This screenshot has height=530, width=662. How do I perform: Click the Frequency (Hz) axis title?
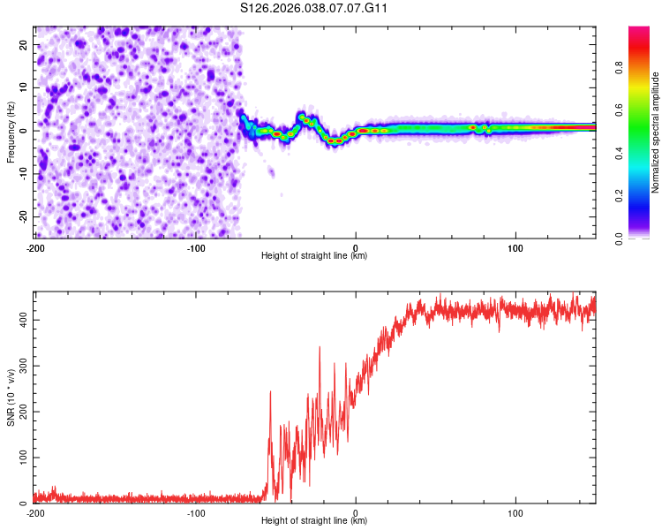(x=11, y=132)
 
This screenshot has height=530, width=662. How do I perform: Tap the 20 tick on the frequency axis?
(x=24, y=44)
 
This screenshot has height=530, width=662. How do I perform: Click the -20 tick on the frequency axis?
(x=22, y=216)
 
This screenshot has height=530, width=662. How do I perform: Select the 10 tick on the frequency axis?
(x=24, y=87)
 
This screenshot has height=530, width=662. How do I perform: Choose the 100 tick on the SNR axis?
(x=20, y=458)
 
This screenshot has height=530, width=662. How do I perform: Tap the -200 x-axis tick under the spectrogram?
(x=35, y=247)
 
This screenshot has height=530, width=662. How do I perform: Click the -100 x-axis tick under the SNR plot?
(x=195, y=513)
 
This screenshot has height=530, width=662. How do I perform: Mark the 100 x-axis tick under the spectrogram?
(x=515, y=247)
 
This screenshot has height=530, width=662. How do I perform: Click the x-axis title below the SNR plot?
(x=314, y=521)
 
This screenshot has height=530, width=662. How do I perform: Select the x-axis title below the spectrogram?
(x=314, y=255)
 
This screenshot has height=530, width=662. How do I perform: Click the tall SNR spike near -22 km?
(x=320, y=348)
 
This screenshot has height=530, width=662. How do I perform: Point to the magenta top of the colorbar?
(x=639, y=31)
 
